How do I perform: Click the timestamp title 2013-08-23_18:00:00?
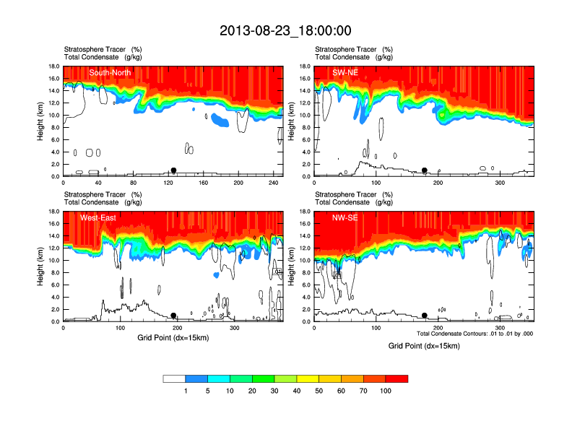pyautogui.click(x=285, y=30)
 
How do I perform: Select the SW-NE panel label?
pyautogui.click(x=346, y=72)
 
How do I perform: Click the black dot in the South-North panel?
pyautogui.click(x=173, y=170)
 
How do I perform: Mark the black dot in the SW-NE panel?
pyautogui.click(x=425, y=170)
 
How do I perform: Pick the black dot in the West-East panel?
pyautogui.click(x=173, y=316)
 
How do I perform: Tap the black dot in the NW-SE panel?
pyautogui.click(x=425, y=316)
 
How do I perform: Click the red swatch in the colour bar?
pyautogui.click(x=396, y=378)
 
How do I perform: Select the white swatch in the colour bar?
pyautogui.click(x=175, y=378)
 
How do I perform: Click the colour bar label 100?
pyautogui.click(x=385, y=391)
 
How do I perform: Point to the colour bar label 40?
pyautogui.click(x=297, y=391)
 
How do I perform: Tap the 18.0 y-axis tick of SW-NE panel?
pyautogui.click(x=305, y=66)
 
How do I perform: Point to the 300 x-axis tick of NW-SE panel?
pyautogui.click(x=501, y=328)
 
